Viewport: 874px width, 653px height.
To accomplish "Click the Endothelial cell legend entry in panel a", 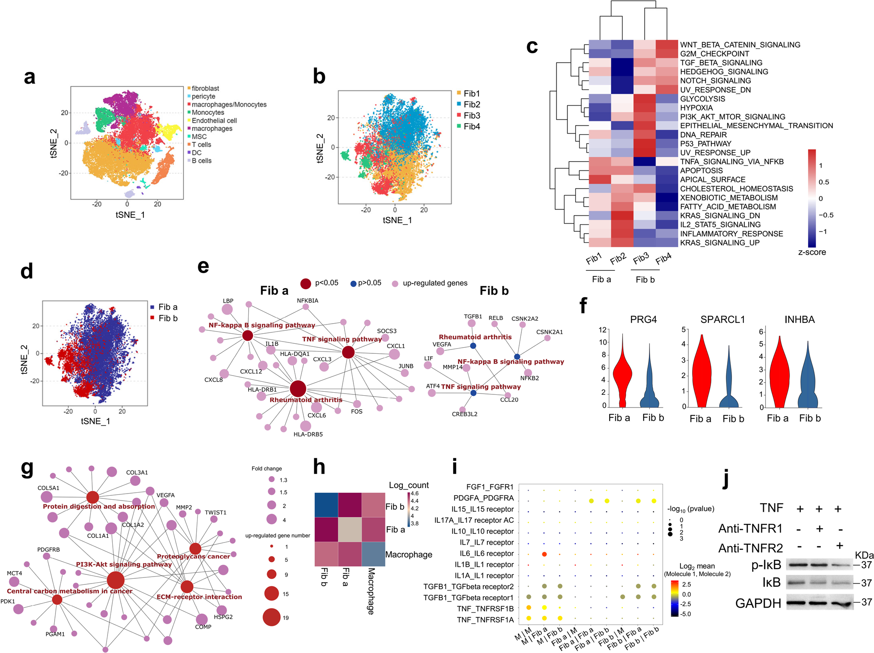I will click(214, 121).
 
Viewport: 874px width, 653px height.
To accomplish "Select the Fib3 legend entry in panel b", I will click(472, 116).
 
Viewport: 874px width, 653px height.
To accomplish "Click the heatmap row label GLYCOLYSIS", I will click(702, 99).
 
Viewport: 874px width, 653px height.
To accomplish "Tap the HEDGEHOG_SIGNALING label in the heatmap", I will click(724, 72).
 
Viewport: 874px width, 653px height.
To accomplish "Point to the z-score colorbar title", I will click(812, 252).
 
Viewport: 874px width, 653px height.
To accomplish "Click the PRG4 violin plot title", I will click(643, 319).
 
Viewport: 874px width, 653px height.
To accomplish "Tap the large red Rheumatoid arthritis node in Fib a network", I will click(298, 389).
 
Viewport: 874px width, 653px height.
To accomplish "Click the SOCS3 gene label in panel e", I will click(386, 331).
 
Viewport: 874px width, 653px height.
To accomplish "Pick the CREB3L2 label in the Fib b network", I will click(465, 414).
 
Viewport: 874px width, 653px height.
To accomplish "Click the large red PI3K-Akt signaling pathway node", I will click(116, 580).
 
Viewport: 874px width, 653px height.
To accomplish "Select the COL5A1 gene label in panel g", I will click(48, 488).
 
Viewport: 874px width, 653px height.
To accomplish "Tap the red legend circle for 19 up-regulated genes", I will click(271, 617).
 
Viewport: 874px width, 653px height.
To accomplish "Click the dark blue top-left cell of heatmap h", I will click(326, 505).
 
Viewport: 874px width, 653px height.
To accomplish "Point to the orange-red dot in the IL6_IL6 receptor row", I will click(544, 554).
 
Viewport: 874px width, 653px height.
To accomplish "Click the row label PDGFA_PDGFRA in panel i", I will click(483, 498).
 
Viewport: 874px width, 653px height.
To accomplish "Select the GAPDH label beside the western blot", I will click(758, 603).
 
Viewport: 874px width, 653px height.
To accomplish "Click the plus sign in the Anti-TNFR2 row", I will click(838, 546).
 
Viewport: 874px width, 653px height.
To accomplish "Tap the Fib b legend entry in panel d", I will click(167, 318).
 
